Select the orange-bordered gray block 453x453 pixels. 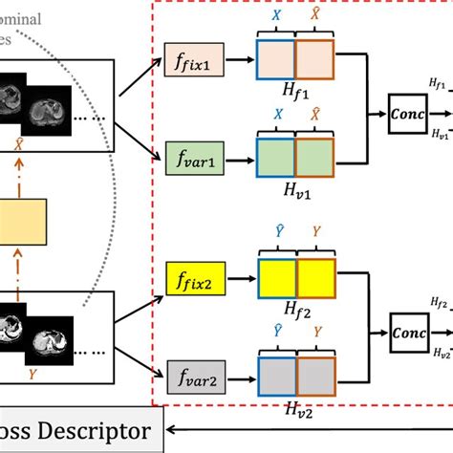[x=314, y=372]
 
